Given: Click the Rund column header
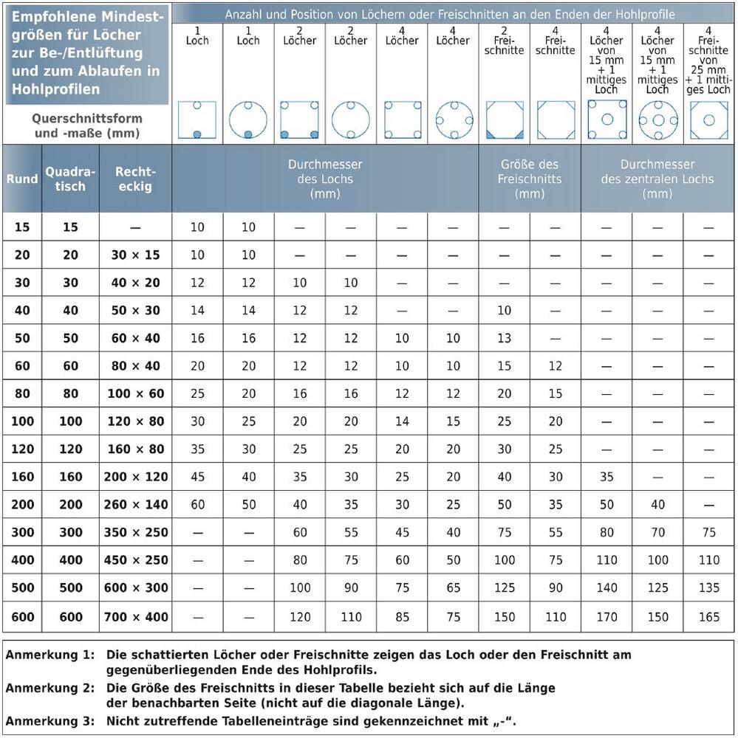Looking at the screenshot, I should (22, 179).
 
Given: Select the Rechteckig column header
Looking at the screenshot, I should (134, 179).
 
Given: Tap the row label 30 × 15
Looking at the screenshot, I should (134, 255).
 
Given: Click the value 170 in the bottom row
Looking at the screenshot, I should (607, 616).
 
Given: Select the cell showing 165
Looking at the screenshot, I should (708, 616).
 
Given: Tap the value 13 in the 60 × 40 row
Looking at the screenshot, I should (505, 339).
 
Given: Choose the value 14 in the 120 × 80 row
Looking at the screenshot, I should (402, 421).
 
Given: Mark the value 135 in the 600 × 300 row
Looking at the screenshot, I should (708, 588).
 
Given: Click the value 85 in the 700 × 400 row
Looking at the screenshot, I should (402, 616).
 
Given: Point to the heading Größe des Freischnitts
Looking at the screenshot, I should (529, 179).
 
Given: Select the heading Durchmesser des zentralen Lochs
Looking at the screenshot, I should (657, 179).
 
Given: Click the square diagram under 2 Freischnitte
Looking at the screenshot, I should (505, 120).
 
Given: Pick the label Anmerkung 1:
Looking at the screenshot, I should (51, 655).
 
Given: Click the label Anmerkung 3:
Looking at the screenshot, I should (51, 721).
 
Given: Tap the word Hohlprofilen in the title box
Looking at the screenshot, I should (55, 89).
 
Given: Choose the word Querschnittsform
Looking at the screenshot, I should (87, 119).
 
